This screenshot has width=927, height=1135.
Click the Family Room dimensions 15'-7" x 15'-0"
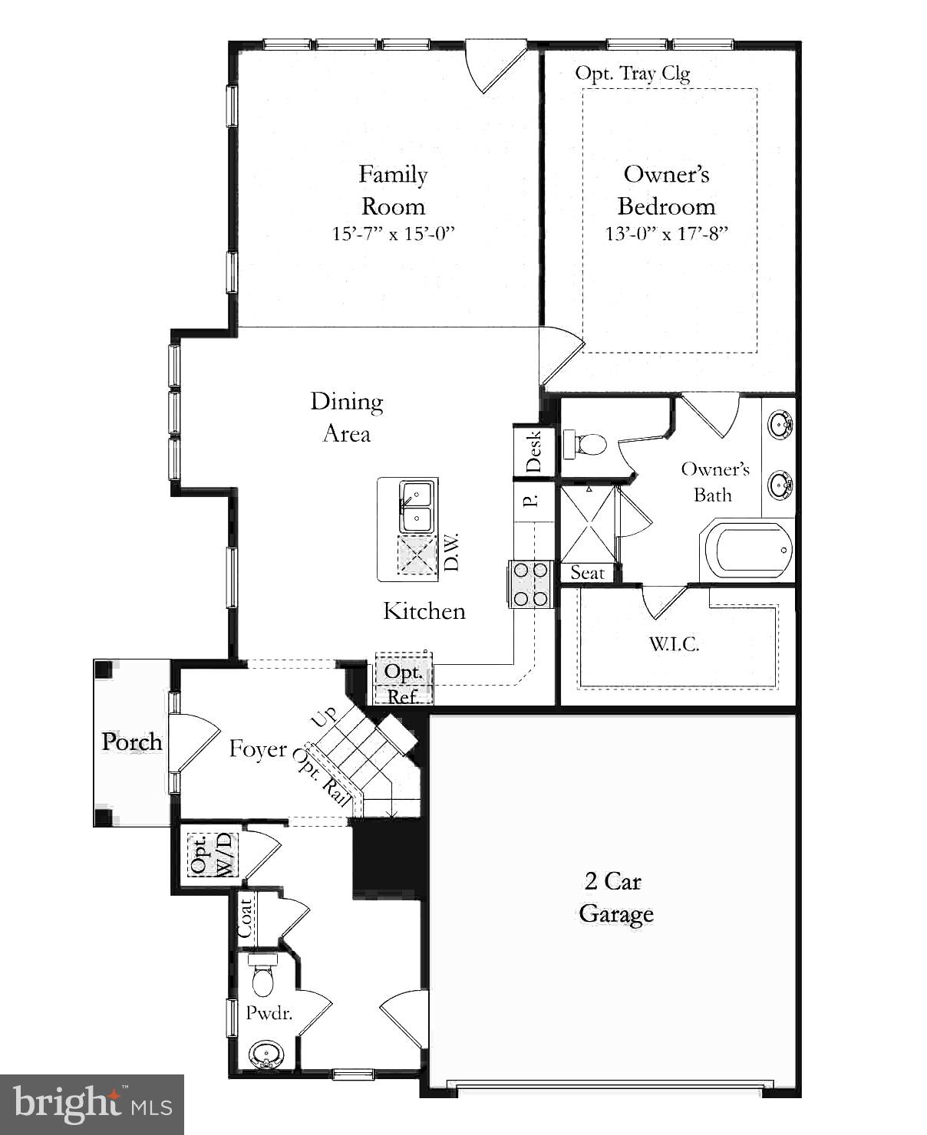[x=393, y=234]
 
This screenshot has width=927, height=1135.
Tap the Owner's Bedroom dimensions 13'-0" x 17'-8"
[x=666, y=234]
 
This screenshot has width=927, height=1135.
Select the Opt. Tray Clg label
[x=632, y=74]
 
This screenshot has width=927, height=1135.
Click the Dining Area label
[x=347, y=417]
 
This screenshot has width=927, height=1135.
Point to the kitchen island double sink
[x=417, y=506]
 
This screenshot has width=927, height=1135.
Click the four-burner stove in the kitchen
[x=530, y=584]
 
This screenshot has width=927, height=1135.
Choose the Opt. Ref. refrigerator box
[x=404, y=682]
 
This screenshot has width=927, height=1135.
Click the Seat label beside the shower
[x=587, y=573]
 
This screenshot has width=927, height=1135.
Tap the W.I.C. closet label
[x=675, y=644]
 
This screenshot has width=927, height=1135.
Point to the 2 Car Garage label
[x=616, y=897]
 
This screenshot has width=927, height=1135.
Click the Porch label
[x=132, y=742]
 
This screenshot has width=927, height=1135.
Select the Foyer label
[x=258, y=748]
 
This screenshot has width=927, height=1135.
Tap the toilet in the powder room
[x=262, y=978]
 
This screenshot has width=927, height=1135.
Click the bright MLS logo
[x=92, y=1104]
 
